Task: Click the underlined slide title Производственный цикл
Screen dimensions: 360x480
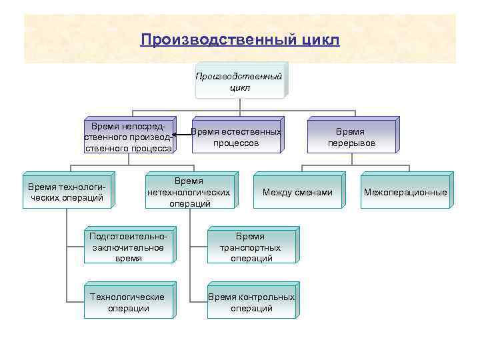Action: (240, 40)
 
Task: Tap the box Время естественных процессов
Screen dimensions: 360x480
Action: (236, 137)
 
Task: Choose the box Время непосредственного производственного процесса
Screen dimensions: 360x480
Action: (129, 137)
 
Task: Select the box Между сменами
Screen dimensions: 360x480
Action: (297, 193)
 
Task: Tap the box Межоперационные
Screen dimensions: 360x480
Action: (405, 193)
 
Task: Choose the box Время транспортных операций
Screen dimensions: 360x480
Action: (251, 247)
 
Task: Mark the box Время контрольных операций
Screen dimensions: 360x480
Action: (251, 302)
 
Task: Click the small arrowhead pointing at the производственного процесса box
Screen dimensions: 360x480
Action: (174, 135)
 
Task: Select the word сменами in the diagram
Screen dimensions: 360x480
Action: (314, 193)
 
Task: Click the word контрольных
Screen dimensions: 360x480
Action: (266, 297)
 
